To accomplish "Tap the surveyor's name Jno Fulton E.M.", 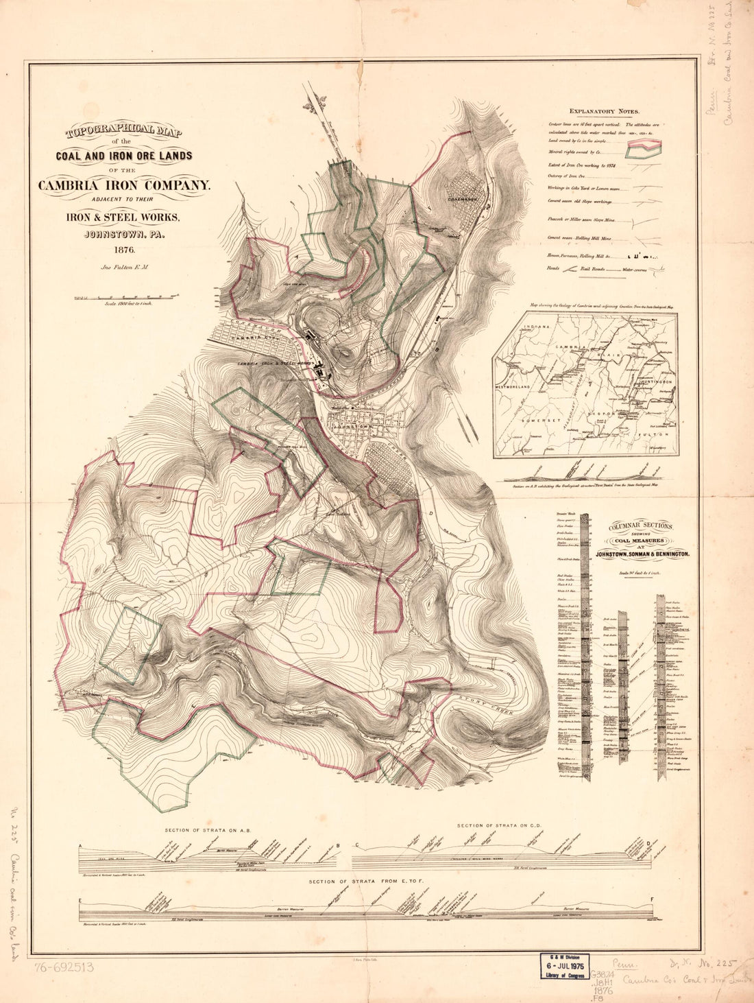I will pos(124,269).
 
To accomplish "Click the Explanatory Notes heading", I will pos(604,111).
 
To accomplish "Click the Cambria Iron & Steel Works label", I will pos(274,363).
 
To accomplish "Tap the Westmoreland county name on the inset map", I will pos(524,388).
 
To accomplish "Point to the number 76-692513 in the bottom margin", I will pos(62,968).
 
